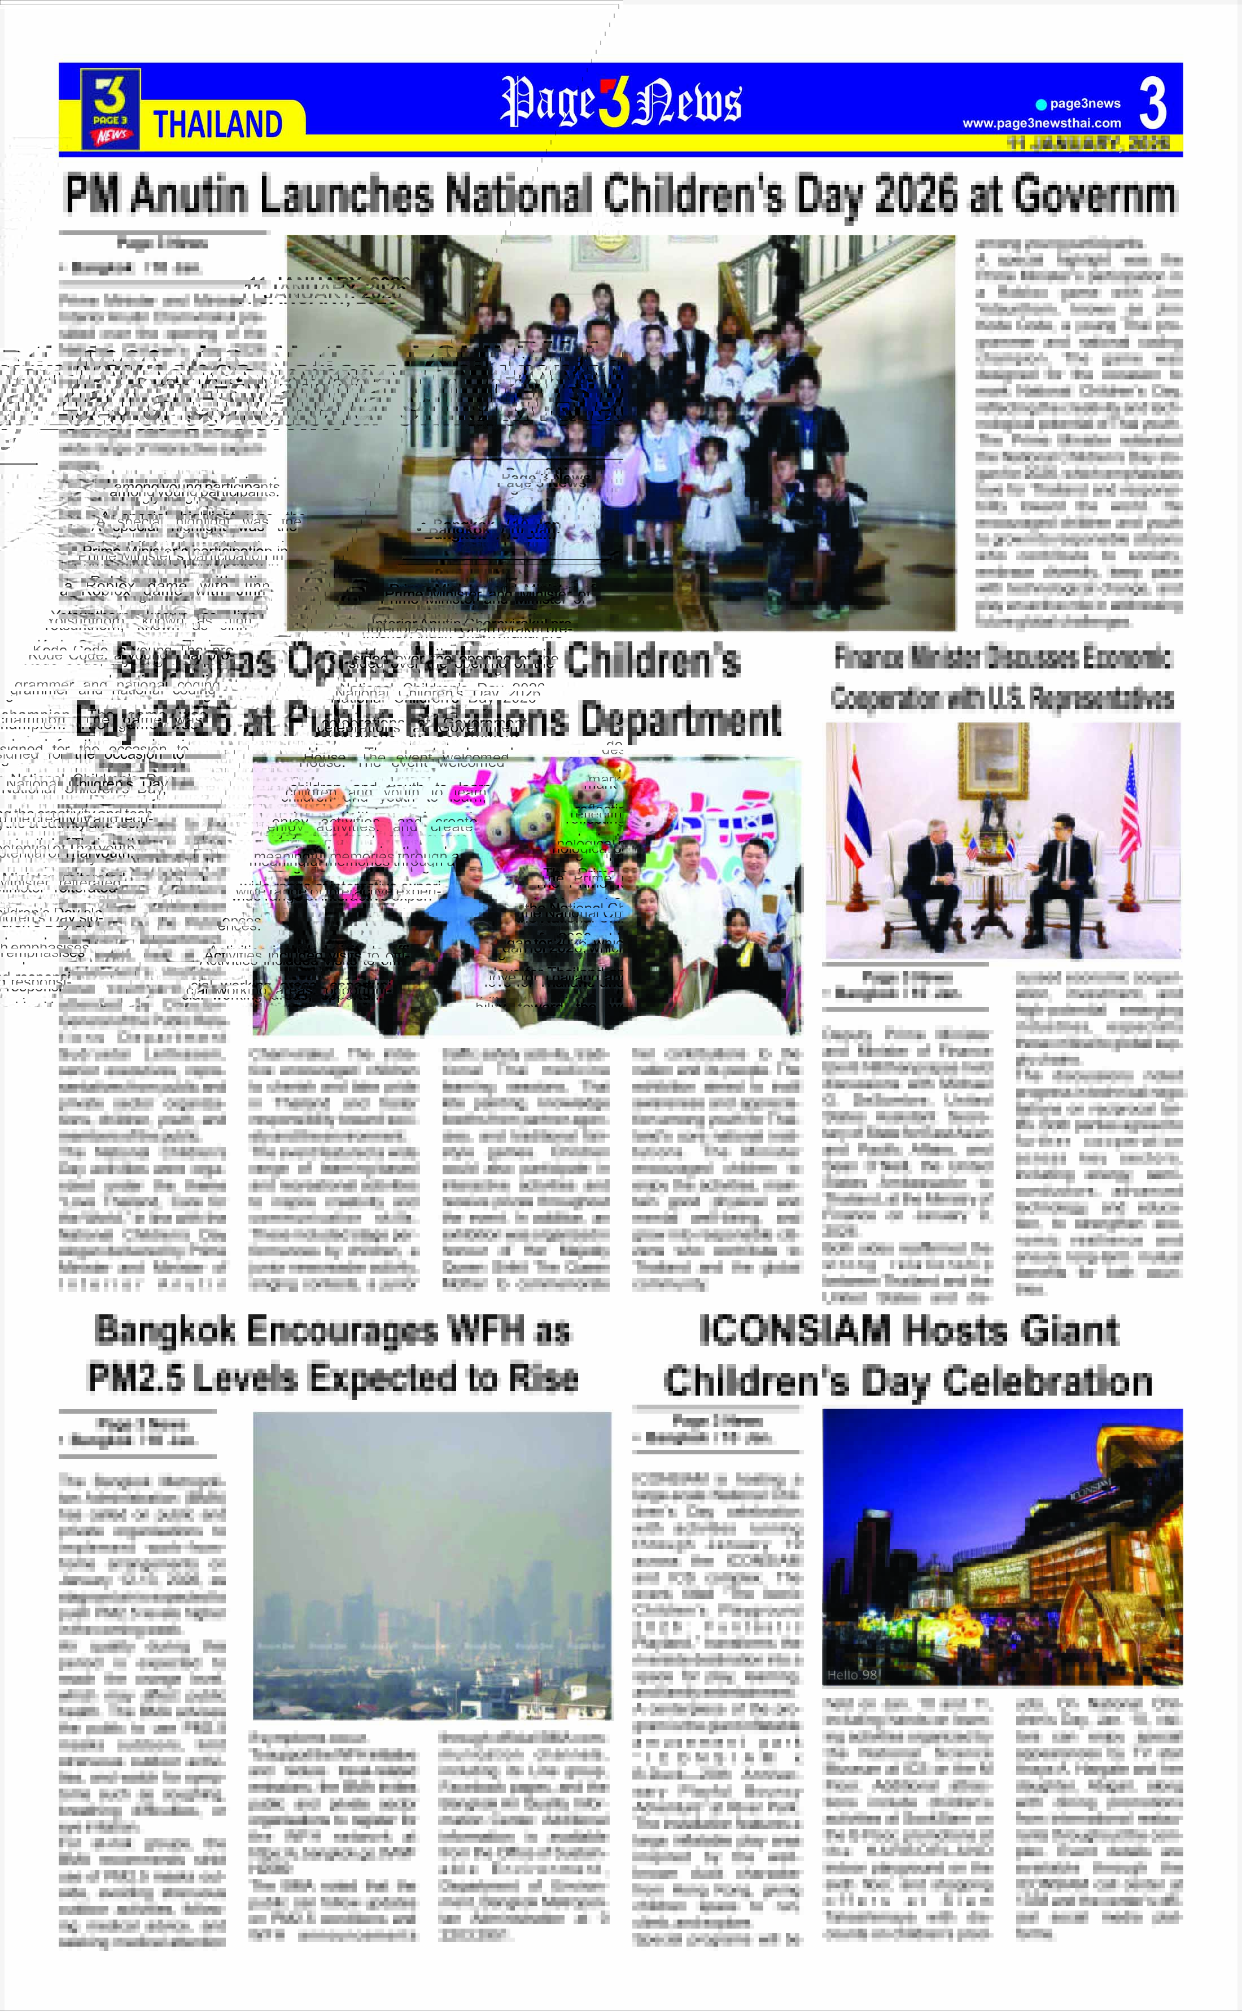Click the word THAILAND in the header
click(x=218, y=125)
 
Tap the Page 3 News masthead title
click(x=621, y=102)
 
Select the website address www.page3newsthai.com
click(x=1042, y=123)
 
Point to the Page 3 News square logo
click(x=110, y=108)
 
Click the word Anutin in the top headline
click(x=189, y=195)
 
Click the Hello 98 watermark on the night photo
click(x=852, y=1674)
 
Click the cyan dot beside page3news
click(x=1041, y=104)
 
